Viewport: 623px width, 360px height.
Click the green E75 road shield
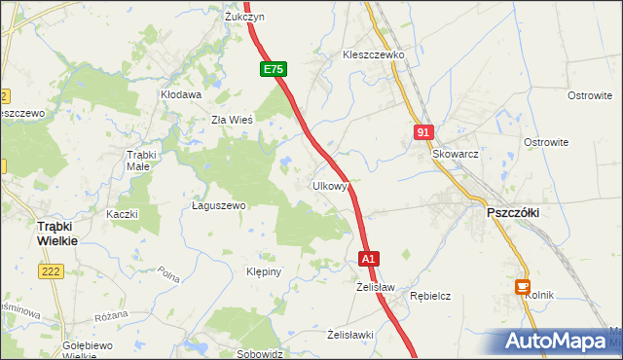(x=274, y=69)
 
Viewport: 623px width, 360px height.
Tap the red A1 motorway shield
(x=368, y=260)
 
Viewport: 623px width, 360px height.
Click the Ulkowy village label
(x=330, y=186)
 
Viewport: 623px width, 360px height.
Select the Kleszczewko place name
(x=373, y=55)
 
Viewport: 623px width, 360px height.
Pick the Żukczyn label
(x=244, y=18)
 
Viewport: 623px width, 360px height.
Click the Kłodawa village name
(x=181, y=95)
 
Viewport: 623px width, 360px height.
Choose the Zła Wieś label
(x=233, y=121)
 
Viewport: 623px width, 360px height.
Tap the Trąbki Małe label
(x=141, y=161)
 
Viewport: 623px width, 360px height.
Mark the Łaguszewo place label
(x=219, y=206)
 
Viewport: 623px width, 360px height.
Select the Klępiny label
(x=264, y=272)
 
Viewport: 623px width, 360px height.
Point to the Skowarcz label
(x=456, y=155)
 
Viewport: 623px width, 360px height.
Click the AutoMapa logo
(x=560, y=341)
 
